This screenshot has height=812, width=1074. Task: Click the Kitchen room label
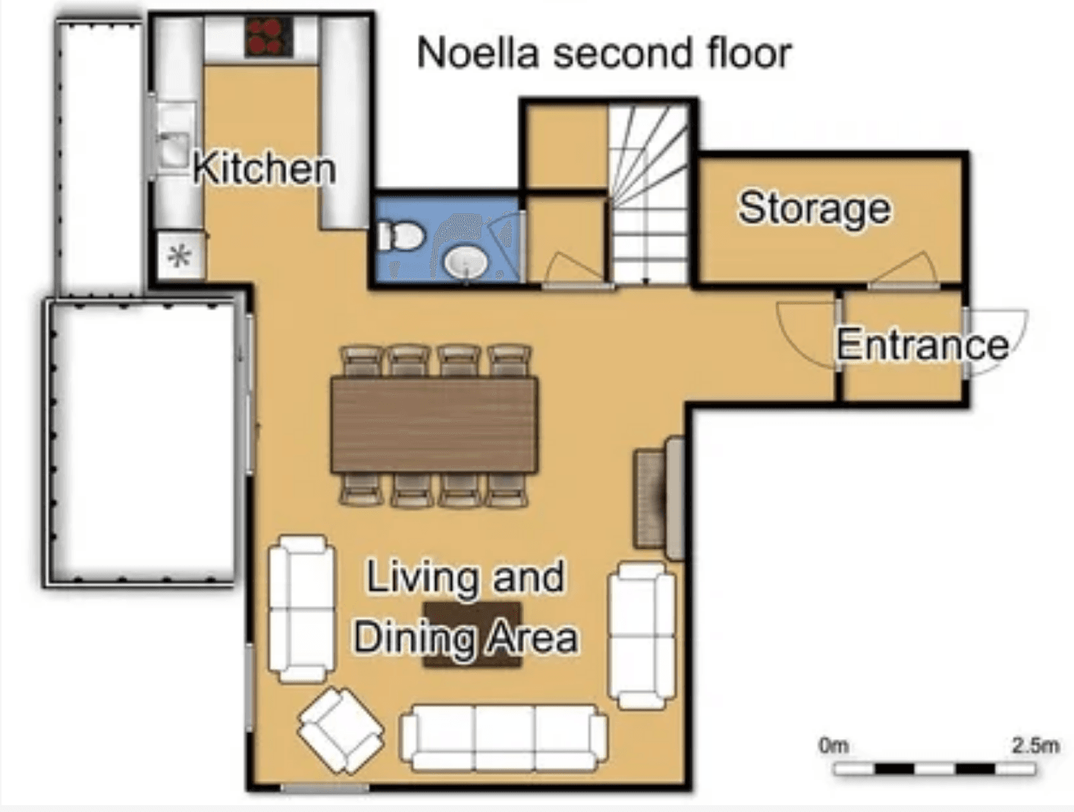coord(264,168)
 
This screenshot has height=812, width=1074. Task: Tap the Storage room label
coord(815,208)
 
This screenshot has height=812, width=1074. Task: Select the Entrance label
coord(922,345)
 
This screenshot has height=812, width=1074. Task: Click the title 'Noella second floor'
coord(604,53)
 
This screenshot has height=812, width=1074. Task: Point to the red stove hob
coord(268,36)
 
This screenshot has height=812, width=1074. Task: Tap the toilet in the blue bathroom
coord(400,235)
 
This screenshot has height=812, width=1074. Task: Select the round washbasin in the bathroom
coord(465,263)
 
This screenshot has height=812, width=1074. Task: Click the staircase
coord(649,194)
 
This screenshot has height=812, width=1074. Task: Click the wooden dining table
coord(434,425)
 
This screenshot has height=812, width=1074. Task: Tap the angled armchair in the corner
coord(341,729)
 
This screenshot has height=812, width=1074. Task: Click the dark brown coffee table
coord(472,634)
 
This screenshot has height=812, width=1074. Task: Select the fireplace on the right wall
coord(659,498)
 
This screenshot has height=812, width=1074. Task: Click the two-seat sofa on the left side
coord(301,609)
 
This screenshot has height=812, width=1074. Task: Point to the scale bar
coord(934,769)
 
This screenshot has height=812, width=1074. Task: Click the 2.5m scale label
coord(1035,745)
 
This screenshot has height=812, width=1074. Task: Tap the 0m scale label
coord(833,745)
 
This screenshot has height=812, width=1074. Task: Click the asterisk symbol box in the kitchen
coord(179,257)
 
